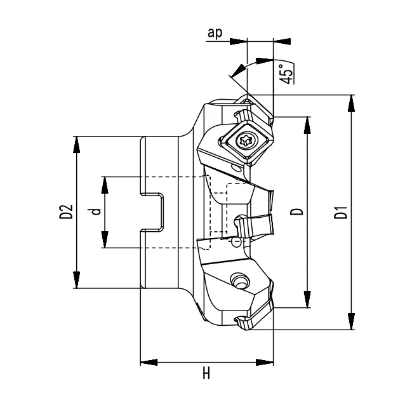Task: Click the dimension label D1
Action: point(342,212)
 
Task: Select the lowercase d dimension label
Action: point(95,211)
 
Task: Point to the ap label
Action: point(215,34)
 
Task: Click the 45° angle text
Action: point(287,72)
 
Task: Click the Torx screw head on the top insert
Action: point(244,141)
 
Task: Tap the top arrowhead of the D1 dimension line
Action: point(351,102)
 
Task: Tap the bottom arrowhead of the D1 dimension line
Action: point(351,323)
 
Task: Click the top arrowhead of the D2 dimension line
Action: point(77,143)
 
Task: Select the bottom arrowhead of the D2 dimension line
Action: point(77,281)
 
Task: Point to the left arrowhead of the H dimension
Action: point(147,363)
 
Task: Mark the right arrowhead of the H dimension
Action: point(265,363)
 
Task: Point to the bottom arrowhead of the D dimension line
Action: point(308,300)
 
